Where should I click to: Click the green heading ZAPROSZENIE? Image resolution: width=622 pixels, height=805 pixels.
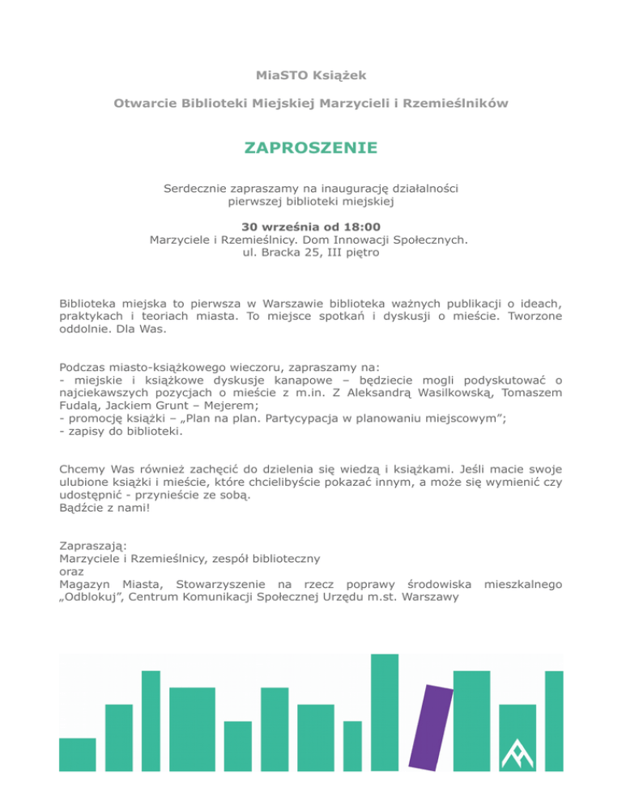(x=311, y=148)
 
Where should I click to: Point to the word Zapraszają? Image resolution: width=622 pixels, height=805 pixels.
(x=93, y=546)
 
